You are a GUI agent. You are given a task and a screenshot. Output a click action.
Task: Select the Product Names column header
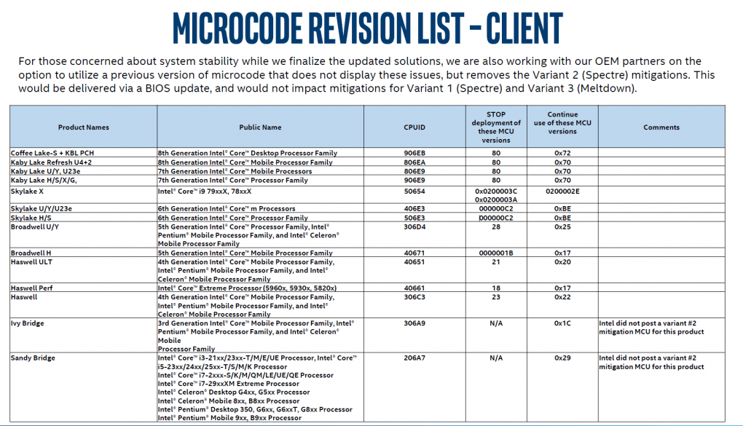[x=84, y=127]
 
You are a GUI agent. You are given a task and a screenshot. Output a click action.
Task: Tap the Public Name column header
[x=260, y=127]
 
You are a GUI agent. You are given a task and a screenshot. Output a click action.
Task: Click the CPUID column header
[x=414, y=127]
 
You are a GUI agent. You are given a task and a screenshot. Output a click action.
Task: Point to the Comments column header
[x=661, y=127]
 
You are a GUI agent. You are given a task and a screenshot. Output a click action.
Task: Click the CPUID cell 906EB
[x=414, y=153]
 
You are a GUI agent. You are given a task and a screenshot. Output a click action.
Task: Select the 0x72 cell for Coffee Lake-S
[x=562, y=153]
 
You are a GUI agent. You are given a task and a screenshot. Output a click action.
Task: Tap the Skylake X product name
[x=28, y=191]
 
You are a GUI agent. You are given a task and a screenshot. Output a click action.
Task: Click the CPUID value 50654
[x=414, y=191]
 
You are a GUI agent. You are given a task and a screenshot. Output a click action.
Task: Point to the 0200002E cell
[x=562, y=191]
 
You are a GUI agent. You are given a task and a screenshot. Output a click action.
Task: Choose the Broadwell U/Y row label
[x=35, y=227]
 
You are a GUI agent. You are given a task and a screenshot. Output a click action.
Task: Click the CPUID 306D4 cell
[x=414, y=227]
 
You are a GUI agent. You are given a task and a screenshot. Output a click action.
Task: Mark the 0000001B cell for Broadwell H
[x=496, y=253]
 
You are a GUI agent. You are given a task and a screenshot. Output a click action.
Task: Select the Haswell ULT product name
[x=32, y=261]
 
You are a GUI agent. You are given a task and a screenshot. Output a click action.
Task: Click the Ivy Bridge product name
[x=28, y=323]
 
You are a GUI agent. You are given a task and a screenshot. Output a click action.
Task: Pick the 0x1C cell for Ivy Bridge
[x=562, y=323]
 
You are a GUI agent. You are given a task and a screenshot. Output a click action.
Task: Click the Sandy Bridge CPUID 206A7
[x=414, y=358]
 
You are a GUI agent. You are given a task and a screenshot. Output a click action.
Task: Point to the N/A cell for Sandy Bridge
[x=496, y=358]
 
